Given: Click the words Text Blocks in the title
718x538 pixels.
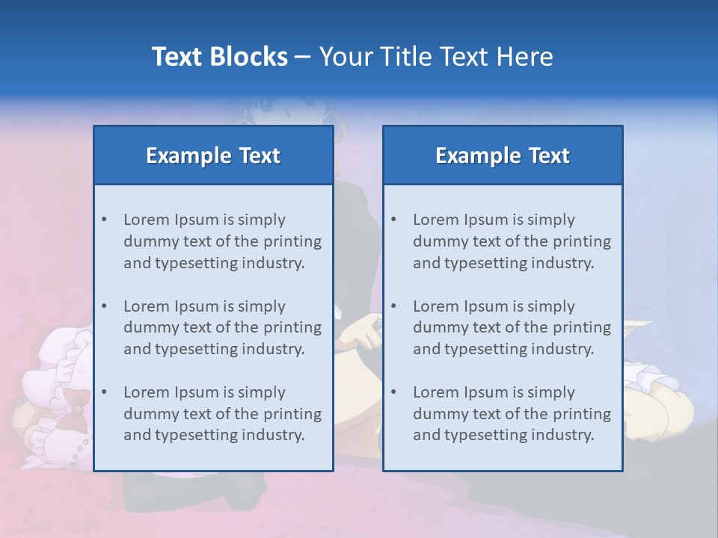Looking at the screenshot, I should pos(219,57).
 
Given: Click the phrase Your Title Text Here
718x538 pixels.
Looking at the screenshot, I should pos(436,57).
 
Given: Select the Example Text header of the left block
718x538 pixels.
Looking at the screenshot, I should pos(213,155).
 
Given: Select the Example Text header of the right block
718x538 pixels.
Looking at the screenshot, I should pos(503,155).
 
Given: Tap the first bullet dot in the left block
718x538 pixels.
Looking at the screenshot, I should pos(104,220).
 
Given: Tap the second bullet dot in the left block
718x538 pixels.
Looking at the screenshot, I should pos(104,306).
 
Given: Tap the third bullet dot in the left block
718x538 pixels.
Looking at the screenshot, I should pos(104,392).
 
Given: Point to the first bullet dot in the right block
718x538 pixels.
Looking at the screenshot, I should pos(393,220).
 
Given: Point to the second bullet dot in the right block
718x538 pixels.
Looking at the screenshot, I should pos(393,306).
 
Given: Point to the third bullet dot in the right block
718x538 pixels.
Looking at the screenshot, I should pos(393,392).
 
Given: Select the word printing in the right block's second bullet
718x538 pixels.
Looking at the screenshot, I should pos(582,327).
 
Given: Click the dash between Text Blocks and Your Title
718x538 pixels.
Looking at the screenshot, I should pos(303,57).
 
